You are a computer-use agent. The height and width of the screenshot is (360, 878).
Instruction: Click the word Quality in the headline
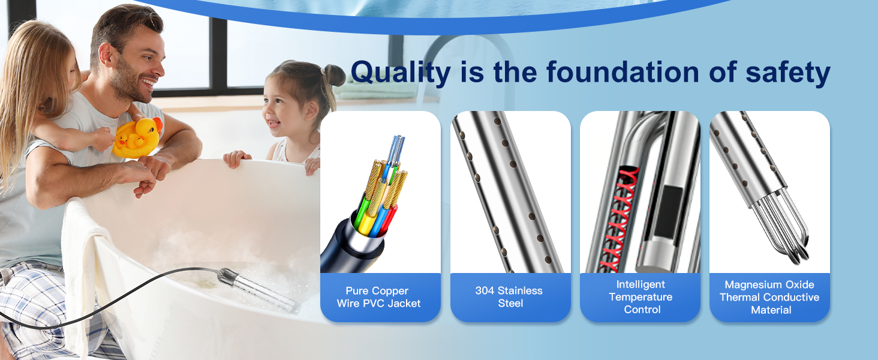tap(400, 73)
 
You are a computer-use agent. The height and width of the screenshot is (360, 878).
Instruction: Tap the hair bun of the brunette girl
tap(333, 74)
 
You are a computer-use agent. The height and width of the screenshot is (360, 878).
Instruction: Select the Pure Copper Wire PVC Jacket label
tap(378, 297)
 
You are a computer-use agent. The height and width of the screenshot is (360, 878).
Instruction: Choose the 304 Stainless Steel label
tap(509, 297)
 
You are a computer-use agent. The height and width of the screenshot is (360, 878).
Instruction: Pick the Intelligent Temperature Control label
tap(640, 297)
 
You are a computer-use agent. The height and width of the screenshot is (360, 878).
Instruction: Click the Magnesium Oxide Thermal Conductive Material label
tap(769, 297)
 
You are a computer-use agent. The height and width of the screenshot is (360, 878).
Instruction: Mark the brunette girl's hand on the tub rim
tap(237, 158)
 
